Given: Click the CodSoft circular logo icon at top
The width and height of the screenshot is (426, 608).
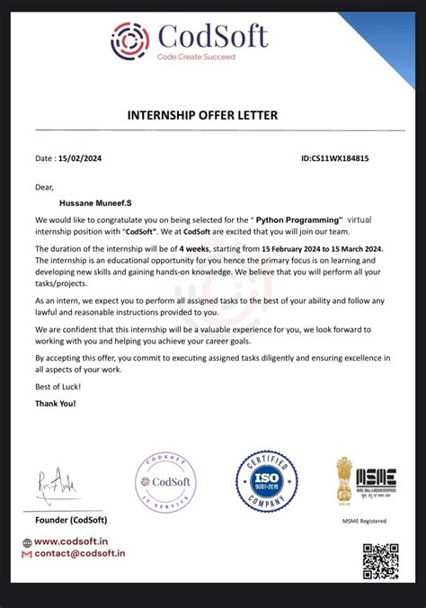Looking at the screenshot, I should [130, 40].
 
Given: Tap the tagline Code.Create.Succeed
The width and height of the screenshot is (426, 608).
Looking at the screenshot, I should [196, 57].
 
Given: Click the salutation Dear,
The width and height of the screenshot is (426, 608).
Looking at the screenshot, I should [45, 187].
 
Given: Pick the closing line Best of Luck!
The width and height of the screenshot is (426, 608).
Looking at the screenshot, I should [58, 386].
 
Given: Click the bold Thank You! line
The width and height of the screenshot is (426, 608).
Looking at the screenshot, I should [56, 403].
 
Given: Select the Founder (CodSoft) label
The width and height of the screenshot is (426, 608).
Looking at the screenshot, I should [72, 520].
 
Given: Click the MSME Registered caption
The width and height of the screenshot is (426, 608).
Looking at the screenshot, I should [364, 521].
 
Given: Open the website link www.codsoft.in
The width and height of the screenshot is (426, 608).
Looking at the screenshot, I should [73, 542].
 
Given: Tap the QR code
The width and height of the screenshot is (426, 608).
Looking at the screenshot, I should [380, 560].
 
